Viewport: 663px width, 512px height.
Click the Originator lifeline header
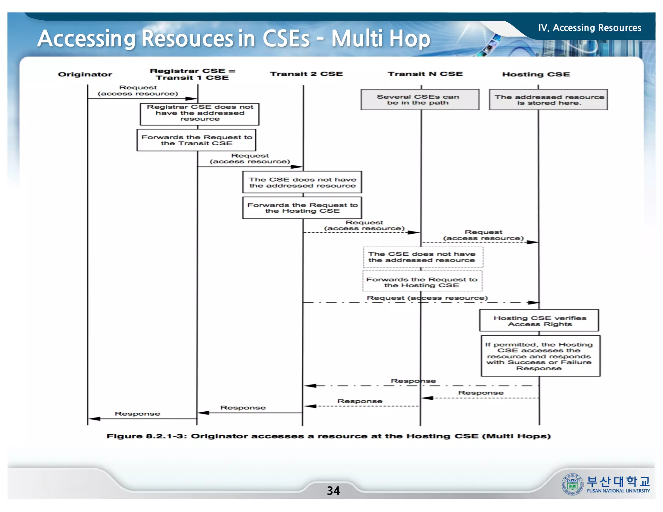[x=85, y=74]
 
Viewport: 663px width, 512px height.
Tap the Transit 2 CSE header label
[x=306, y=74]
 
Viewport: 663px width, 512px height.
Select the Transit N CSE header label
[x=425, y=74]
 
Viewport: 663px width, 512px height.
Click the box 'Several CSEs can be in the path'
[x=420, y=100]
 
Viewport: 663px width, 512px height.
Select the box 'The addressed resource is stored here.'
[x=548, y=100]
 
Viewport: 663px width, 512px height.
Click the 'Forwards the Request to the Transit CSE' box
[x=196, y=140]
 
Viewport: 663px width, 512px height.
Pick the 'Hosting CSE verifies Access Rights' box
[x=539, y=320]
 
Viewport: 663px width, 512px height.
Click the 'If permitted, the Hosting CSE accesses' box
[x=540, y=356]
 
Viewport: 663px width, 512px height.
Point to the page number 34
[x=333, y=491]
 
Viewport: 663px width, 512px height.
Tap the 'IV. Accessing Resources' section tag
[x=590, y=28]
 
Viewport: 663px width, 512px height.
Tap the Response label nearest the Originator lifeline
[x=137, y=414]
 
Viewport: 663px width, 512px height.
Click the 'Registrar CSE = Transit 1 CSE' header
[x=192, y=74]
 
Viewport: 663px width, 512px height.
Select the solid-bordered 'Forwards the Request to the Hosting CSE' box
[x=302, y=208]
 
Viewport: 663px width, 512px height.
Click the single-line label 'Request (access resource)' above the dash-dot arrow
[x=427, y=298]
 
